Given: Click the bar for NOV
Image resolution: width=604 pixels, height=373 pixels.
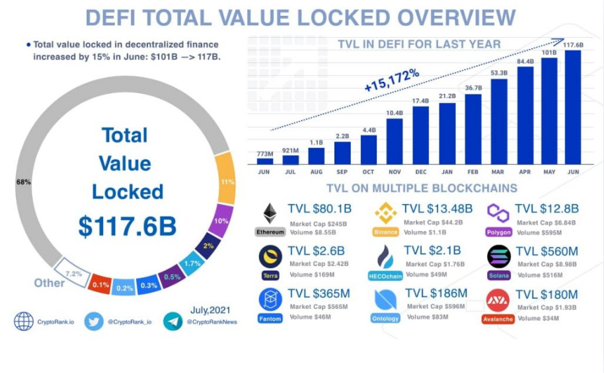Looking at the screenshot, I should [395, 141].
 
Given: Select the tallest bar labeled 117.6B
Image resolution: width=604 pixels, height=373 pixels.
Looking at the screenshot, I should [573, 107].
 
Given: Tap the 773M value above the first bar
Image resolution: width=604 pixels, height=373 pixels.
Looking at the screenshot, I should [264, 154].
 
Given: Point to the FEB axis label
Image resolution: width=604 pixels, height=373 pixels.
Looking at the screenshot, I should [472, 171].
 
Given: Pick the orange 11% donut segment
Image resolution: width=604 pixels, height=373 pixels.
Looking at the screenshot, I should [225, 178].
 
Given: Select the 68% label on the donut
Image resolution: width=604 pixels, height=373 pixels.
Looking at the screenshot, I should [24, 182].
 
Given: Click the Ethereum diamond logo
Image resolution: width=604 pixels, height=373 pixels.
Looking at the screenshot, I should [270, 213].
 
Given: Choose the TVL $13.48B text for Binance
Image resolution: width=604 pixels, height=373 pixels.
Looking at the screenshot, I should [438, 209].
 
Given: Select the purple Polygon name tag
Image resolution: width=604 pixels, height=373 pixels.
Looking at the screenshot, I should [499, 232].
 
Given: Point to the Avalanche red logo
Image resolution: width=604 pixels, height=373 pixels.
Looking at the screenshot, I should [498, 300].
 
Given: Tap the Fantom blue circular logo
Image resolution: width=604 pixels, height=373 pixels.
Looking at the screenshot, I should [270, 299].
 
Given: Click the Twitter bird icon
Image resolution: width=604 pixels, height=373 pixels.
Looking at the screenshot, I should [94, 322].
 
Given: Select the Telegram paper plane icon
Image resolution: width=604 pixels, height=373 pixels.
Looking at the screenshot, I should [173, 322].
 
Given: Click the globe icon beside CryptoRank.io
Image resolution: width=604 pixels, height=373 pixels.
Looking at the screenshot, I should [24, 322].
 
